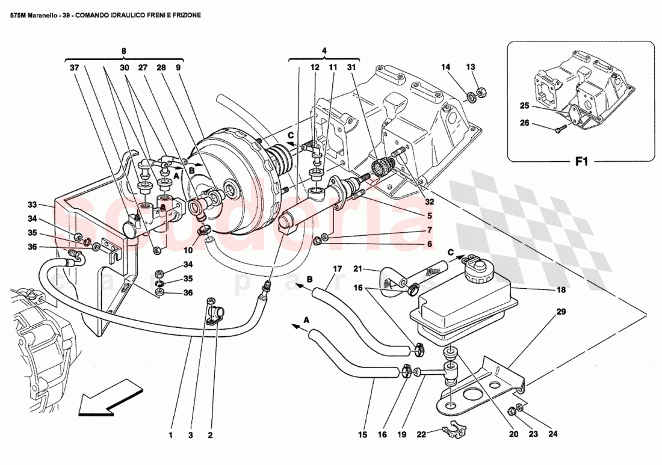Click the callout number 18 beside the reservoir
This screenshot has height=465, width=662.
tap(561, 290)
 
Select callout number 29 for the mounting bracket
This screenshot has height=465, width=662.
tap(561, 312)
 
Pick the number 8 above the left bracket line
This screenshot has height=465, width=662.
tap(123, 51)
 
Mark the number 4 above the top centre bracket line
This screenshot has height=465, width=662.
tap(324, 51)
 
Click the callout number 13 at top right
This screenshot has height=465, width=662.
tap(471, 67)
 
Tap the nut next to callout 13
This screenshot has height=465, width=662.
tap(481, 92)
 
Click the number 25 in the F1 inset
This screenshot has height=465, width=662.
tap(524, 106)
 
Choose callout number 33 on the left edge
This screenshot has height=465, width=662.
tap(32, 204)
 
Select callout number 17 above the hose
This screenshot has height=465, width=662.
tap(337, 268)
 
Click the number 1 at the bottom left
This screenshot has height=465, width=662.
tap(171, 436)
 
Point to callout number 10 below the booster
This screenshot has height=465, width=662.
tap(187, 250)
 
